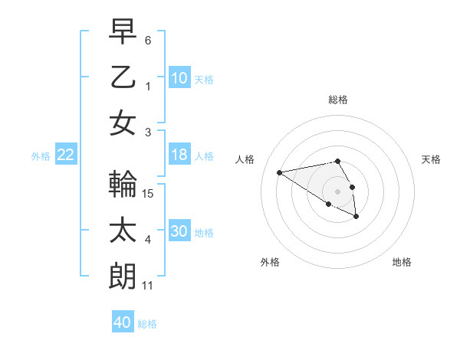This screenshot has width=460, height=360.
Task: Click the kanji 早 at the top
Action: point(123,32)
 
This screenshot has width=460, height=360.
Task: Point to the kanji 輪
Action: point(123,185)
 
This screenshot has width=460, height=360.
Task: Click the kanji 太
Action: point(123,231)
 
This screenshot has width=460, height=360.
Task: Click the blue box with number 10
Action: point(179,77)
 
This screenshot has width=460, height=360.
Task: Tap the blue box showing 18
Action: point(179,155)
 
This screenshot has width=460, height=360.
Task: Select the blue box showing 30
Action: point(179,231)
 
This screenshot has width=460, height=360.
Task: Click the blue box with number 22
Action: point(66,155)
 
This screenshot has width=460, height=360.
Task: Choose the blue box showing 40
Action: point(122,322)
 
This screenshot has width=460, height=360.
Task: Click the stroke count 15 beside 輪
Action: point(149,194)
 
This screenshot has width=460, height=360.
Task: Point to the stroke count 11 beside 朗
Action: point(148,286)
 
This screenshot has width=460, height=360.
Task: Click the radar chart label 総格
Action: point(337,100)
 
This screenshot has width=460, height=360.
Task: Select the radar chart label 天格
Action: point(431,159)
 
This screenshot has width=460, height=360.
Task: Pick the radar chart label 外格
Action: point(270,262)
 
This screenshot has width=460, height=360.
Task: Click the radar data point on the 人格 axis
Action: point(279,172)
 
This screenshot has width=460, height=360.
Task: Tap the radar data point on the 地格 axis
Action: point(356,217)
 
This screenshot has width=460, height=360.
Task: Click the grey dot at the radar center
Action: point(337,191)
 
